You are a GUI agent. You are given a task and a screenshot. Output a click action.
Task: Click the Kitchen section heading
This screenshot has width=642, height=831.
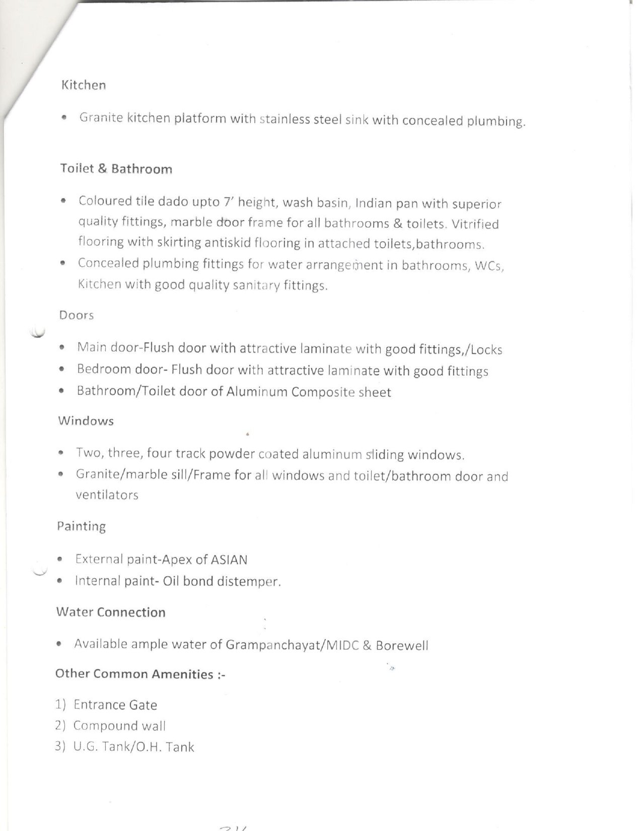(x=84, y=85)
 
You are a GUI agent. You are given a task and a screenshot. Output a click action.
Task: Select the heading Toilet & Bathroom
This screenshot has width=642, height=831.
(x=116, y=169)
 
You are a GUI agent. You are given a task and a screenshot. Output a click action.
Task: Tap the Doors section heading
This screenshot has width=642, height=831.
(x=77, y=315)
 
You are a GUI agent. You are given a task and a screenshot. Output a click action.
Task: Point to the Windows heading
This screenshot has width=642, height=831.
(x=86, y=421)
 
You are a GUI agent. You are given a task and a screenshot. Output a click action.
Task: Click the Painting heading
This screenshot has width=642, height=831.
(x=82, y=527)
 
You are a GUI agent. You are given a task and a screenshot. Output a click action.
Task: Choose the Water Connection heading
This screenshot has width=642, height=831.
(x=111, y=612)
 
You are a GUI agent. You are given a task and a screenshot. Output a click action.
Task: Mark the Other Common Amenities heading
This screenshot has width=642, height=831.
(x=140, y=674)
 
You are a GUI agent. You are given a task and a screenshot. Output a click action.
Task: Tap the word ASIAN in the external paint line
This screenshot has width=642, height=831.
(x=230, y=560)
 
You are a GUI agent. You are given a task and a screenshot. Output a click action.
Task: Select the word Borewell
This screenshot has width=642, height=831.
(x=402, y=646)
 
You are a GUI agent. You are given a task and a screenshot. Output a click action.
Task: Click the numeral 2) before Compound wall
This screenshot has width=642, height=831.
(x=61, y=726)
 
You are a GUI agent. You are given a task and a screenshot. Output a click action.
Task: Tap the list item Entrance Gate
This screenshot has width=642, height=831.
(x=115, y=705)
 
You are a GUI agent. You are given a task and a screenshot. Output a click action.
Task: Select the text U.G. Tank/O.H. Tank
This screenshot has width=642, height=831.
(x=133, y=747)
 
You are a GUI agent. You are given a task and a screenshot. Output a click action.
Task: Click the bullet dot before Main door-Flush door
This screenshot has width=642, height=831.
(x=61, y=348)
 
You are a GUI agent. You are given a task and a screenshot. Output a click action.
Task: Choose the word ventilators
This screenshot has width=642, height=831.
(x=107, y=496)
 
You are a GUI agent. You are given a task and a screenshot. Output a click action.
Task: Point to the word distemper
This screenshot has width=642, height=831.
(x=249, y=582)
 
